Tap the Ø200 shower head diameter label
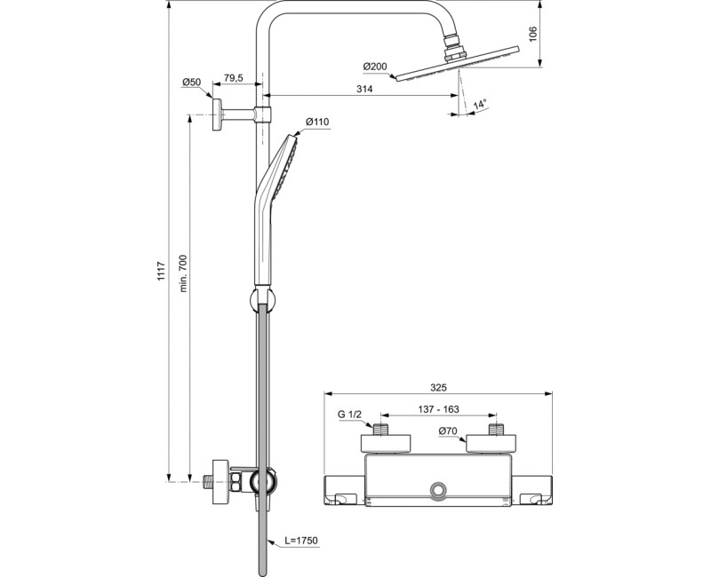[x=376, y=67]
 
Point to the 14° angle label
[x=480, y=105]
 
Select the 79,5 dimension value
[x=234, y=79]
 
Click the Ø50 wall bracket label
[x=191, y=82]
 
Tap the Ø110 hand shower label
[x=317, y=122]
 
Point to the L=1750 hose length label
[x=301, y=540]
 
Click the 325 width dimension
[x=438, y=387]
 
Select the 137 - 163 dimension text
[x=439, y=409]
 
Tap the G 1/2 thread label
[x=349, y=415]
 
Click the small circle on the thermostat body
[x=438, y=491]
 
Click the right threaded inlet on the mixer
[x=495, y=429]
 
